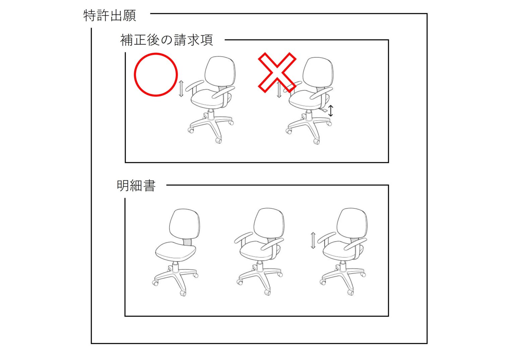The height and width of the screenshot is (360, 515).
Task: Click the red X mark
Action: pos(277,72)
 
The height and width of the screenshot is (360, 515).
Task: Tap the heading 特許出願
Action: pos(110,16)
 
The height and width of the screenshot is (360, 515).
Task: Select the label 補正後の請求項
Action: pos(167,40)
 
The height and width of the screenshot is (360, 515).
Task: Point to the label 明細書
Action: pos(136,186)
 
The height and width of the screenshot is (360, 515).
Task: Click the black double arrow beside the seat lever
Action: pos(331,111)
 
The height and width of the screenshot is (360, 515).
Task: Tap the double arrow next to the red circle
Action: pos(181,88)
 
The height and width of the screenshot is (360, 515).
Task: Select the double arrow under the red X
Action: pos(279,89)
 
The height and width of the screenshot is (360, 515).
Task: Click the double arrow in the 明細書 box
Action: pos(313,240)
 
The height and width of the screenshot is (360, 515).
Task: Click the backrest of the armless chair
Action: pos(184,224)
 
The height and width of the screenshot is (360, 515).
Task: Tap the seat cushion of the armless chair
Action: pos(176,251)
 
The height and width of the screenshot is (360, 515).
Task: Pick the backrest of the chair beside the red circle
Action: pos(220,71)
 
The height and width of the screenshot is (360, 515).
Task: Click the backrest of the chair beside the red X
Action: pos(318,72)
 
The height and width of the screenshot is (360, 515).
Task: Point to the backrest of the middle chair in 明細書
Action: pos(269,223)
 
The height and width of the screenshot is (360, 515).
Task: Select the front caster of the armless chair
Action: pos(183,293)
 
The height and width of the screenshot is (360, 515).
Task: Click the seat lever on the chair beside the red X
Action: pos(324,110)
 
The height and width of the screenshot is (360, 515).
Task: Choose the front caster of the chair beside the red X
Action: pos(317,141)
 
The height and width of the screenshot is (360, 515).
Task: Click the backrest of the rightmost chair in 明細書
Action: pos(352,223)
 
